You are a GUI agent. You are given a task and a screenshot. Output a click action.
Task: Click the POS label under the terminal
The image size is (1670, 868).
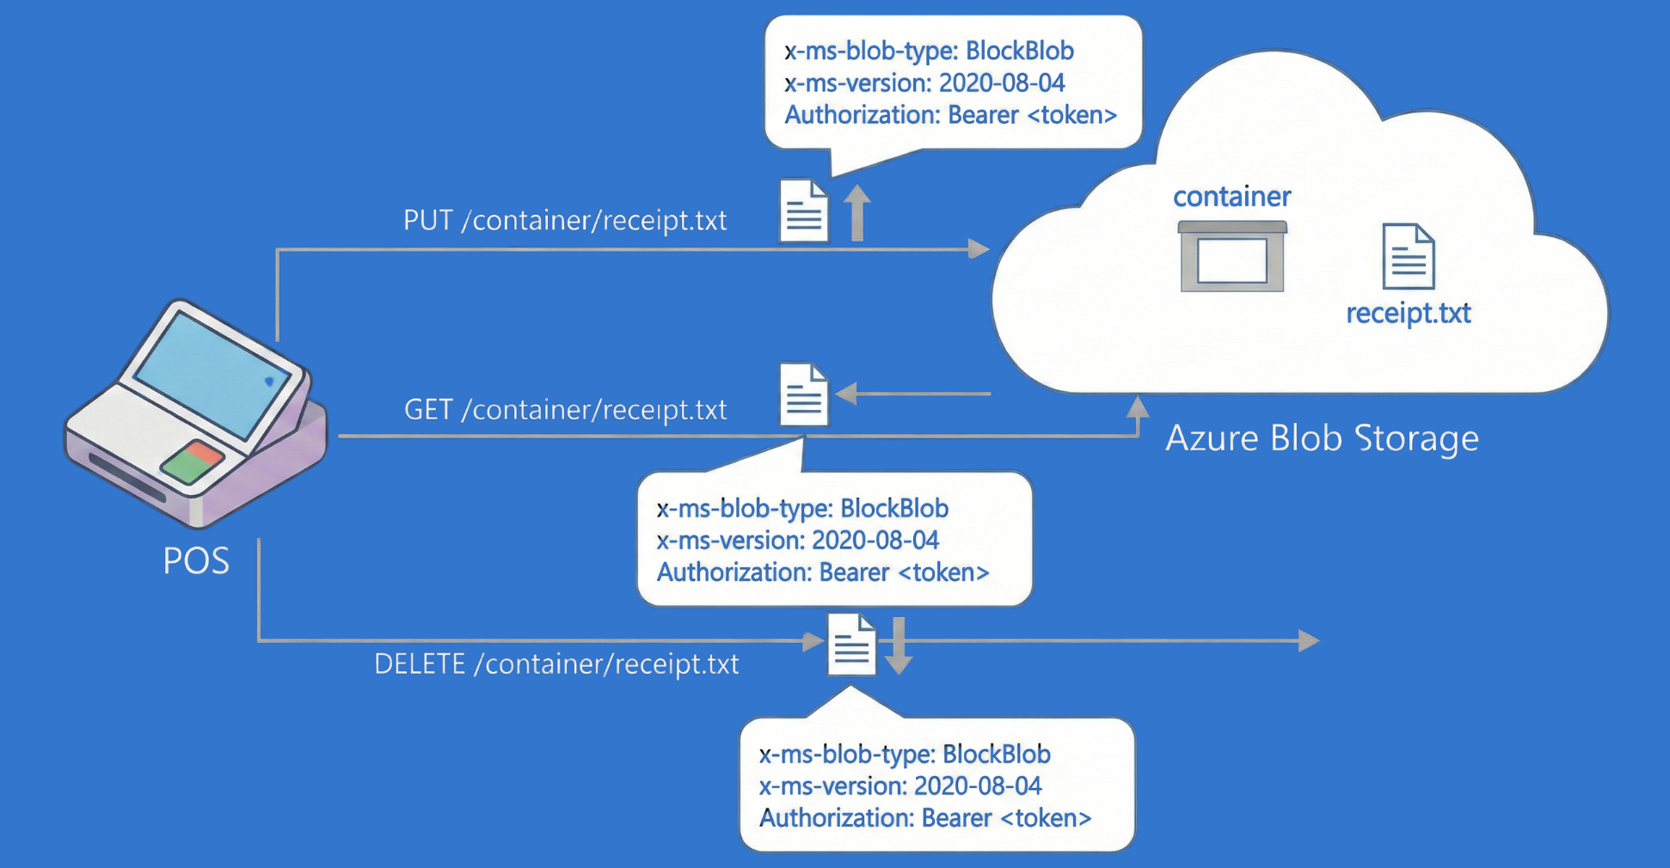coord(196,560)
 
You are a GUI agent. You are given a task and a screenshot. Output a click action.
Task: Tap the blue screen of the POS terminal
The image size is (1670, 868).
coord(211,375)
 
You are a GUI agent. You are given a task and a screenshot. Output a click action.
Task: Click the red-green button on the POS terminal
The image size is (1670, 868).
coord(193,462)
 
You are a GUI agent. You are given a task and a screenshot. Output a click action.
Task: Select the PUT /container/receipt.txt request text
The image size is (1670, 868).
coord(565,221)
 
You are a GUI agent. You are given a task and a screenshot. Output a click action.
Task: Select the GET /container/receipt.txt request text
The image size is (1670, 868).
coord(565,410)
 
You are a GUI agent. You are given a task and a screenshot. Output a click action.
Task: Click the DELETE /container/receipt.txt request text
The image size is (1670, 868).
coord(556,664)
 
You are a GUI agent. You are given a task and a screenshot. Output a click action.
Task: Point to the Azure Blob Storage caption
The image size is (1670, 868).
coord(1322,438)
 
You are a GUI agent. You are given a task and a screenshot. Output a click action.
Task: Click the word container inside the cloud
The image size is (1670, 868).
coord(1231,197)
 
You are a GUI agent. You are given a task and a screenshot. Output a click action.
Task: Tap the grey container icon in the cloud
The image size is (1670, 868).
coord(1232,257)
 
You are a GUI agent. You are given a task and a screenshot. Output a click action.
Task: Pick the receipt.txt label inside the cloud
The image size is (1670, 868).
coord(1408,313)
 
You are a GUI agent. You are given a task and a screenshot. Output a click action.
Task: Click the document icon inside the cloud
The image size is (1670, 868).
coord(1408,256)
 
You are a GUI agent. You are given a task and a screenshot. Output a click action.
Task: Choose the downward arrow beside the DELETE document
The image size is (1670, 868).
coord(899,645)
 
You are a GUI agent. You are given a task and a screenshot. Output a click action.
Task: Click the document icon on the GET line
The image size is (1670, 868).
coord(803,394)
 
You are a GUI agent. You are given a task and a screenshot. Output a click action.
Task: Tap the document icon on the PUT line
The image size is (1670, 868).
coord(803,211)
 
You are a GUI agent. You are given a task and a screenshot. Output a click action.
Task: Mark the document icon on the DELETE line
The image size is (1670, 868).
coord(851,645)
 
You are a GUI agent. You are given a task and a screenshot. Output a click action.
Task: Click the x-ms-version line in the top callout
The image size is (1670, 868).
coord(924,83)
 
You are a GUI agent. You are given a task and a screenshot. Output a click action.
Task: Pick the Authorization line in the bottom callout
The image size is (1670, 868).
coord(925,818)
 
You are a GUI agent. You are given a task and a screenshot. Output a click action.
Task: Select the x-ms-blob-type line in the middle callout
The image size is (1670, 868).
coord(802,509)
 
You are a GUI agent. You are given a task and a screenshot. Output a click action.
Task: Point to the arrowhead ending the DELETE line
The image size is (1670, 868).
coord(1308,640)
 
